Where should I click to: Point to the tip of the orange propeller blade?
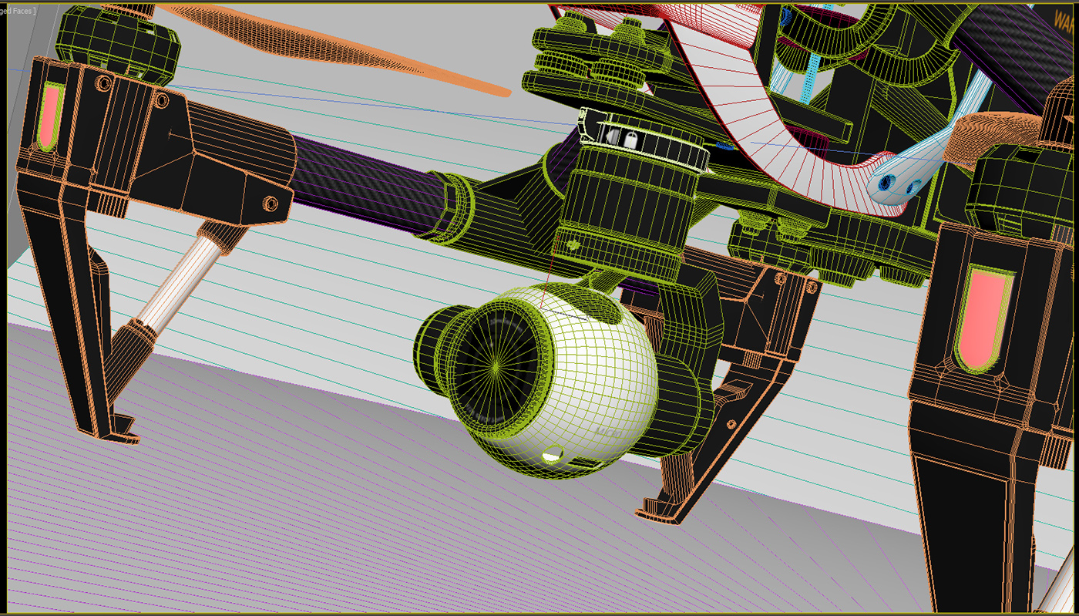click(x=503, y=93)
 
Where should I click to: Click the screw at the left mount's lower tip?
click(x=271, y=204)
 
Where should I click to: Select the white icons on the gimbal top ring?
click(x=620, y=139)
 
